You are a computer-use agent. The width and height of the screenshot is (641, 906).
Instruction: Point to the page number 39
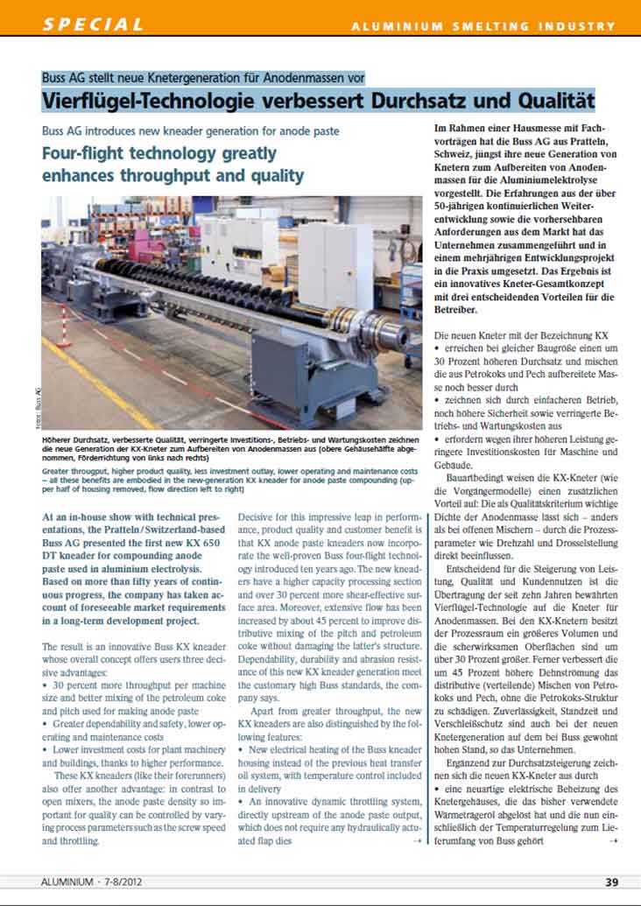tap(612, 882)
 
